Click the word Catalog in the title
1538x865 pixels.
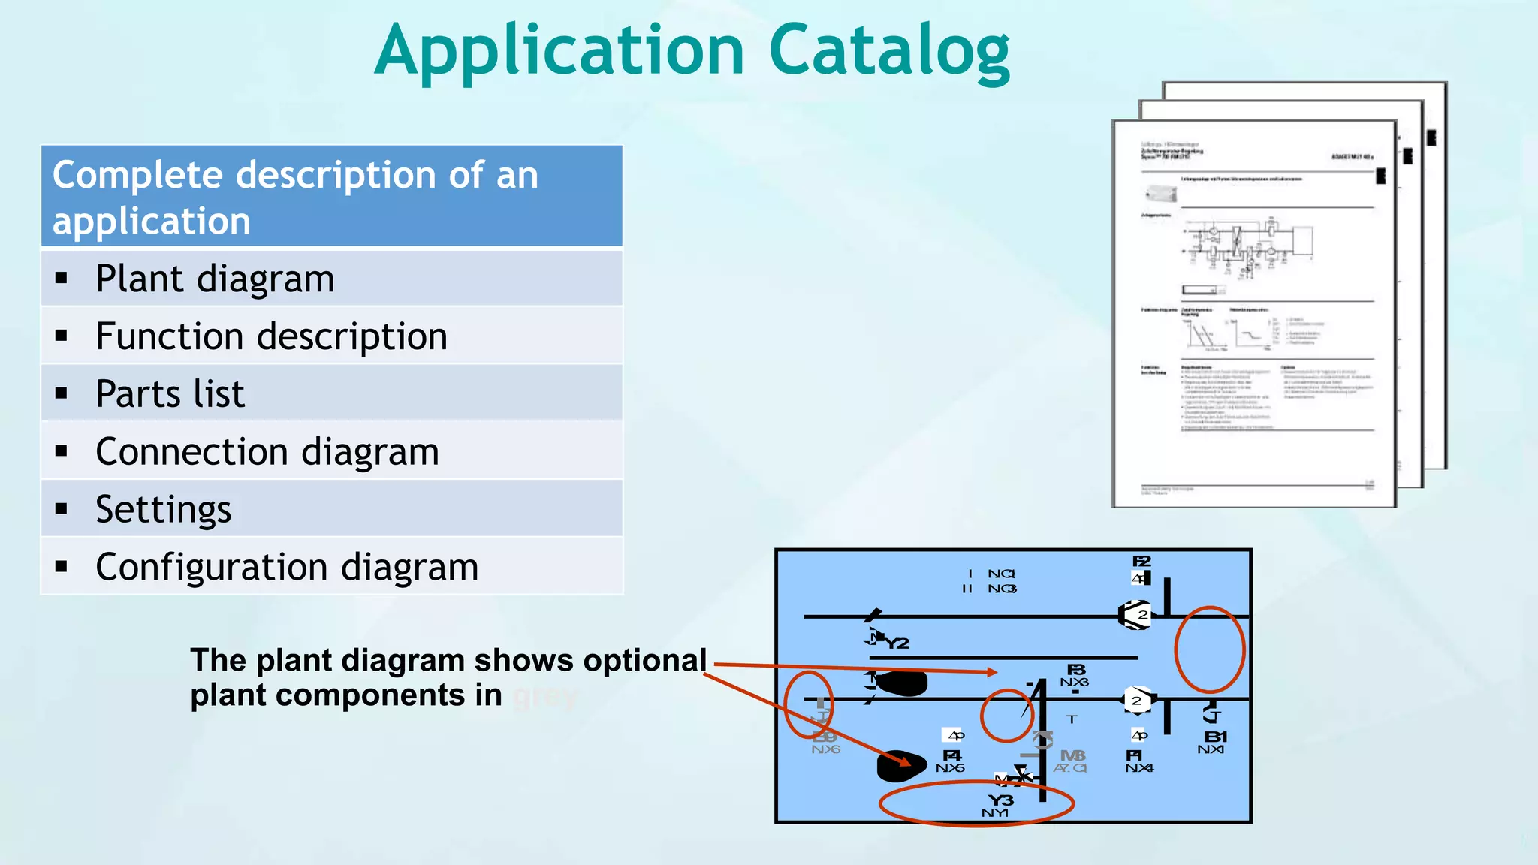(x=889, y=51)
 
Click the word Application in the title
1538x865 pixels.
(x=559, y=51)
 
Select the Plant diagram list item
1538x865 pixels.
(x=215, y=279)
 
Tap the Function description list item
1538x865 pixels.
(x=271, y=336)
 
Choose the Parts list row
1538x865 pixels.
(x=170, y=394)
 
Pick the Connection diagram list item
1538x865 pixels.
(x=267, y=452)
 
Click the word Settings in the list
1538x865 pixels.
(x=164, y=510)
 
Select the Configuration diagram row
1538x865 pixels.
(x=287, y=567)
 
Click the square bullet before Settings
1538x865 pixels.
(x=62, y=509)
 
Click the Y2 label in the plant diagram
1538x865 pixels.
(x=897, y=643)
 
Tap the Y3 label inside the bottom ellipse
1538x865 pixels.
(x=1000, y=800)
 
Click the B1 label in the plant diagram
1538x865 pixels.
(x=1215, y=737)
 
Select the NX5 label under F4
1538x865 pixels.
(x=950, y=768)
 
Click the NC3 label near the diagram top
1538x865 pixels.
(x=1002, y=589)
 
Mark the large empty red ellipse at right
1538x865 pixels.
(x=1209, y=649)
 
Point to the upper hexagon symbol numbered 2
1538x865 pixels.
(x=1135, y=615)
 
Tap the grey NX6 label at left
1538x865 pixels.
(x=825, y=749)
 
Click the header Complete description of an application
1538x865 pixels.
(x=331, y=197)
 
